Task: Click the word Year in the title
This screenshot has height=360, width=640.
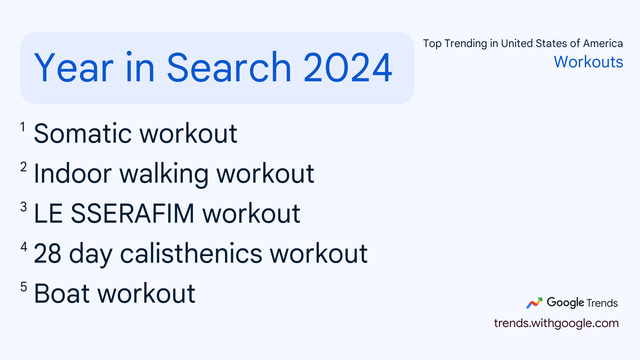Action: point(74,68)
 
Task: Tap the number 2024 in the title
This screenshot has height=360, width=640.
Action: point(348,68)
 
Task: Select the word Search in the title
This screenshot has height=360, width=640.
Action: point(229,68)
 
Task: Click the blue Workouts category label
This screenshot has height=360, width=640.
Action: point(588,62)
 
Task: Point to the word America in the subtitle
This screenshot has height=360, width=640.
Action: point(603,43)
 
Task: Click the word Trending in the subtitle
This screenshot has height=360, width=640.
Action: point(466,43)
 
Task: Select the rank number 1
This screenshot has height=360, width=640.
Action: point(23,127)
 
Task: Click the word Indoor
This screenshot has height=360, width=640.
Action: point(73,174)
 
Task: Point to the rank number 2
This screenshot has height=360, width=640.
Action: point(23,167)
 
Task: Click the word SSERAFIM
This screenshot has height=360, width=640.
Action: point(132,213)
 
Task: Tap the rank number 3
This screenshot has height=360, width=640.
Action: point(23,207)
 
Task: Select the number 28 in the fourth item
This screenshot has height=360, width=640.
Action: point(48,254)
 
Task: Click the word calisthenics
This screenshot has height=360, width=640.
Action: point(191,254)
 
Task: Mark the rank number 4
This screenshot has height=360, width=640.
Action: point(24,247)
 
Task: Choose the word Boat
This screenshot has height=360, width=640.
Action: point(62,294)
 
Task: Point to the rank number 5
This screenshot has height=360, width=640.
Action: point(23,287)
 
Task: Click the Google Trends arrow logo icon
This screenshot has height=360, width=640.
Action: point(534,303)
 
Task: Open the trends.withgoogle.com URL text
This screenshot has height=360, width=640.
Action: point(556,323)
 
